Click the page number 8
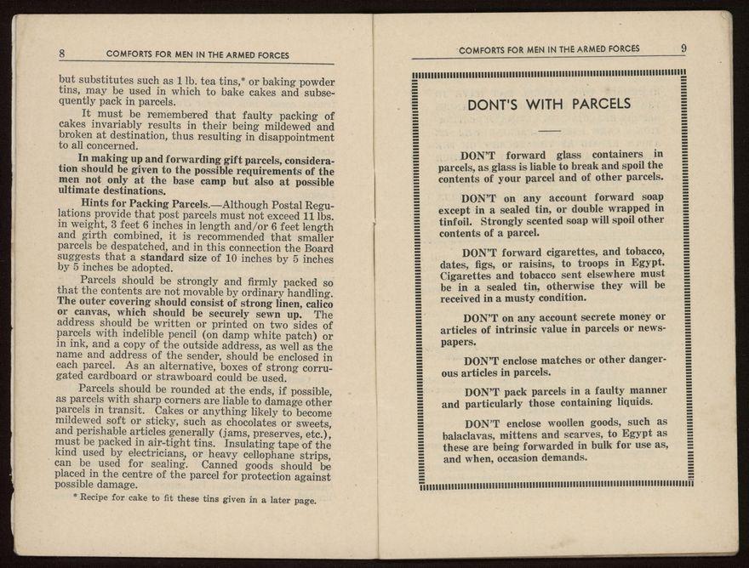pos(62,54)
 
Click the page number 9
pos(683,48)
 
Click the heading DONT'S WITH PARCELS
pos(549,105)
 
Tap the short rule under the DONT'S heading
pos(550,130)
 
